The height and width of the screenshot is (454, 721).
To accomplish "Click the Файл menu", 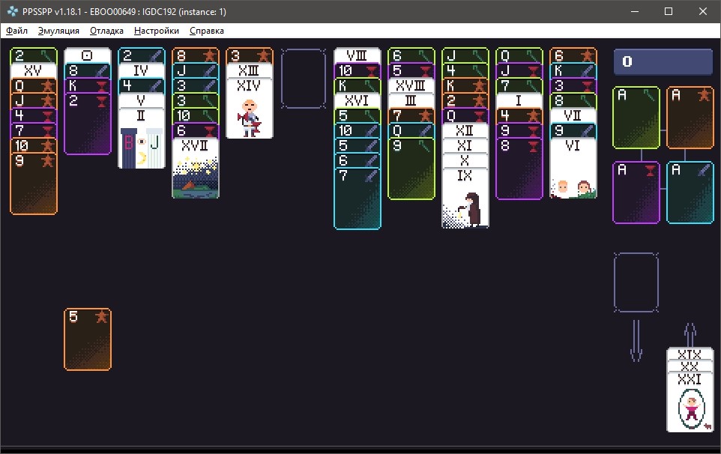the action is pyautogui.click(x=16, y=31).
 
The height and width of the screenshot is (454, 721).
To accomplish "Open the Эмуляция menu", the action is pyautogui.click(x=58, y=31).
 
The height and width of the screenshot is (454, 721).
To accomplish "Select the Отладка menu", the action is pyautogui.click(x=106, y=31).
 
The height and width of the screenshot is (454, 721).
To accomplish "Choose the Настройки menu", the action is pyautogui.click(x=157, y=31).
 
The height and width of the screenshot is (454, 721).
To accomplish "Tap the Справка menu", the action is pyautogui.click(x=206, y=31).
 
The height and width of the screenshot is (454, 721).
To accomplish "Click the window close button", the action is pyautogui.click(x=702, y=11).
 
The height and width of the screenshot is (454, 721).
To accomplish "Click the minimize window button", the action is pyautogui.click(x=635, y=11).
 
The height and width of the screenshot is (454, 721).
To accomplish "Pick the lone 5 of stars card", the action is pyautogui.click(x=88, y=339).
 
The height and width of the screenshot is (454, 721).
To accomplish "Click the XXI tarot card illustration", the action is pyautogui.click(x=691, y=409).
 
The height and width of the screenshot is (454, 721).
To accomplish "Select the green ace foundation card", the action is pyautogui.click(x=636, y=118).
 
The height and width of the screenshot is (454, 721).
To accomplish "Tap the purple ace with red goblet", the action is pyautogui.click(x=636, y=193).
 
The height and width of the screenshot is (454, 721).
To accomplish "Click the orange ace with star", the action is pyautogui.click(x=690, y=118).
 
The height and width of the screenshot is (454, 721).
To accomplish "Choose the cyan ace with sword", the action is pyautogui.click(x=690, y=193).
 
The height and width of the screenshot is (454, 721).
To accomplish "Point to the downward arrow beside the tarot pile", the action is pyautogui.click(x=636, y=340).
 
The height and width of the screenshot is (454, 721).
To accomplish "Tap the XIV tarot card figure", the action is pyautogui.click(x=250, y=118).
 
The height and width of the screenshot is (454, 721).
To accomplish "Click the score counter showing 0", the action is pyautogui.click(x=663, y=61).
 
